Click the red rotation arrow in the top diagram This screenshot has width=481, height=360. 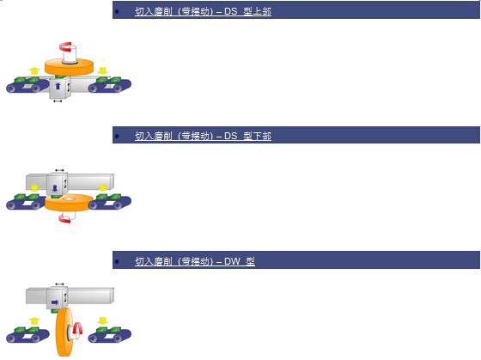(x=65, y=46)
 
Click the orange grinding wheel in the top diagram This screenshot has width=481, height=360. (x=69, y=67)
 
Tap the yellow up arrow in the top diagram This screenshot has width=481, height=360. (x=34, y=70)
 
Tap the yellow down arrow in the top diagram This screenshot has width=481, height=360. (x=102, y=70)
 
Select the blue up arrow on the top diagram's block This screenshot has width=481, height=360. (x=58, y=86)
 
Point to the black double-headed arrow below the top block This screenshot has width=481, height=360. (x=58, y=101)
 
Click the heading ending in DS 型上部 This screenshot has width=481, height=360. (x=203, y=11)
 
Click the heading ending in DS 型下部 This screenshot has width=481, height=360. (x=203, y=136)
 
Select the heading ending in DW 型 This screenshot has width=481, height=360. (x=195, y=261)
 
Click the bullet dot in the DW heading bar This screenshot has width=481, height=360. (x=117, y=261)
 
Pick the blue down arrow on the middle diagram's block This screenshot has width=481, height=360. (x=55, y=188)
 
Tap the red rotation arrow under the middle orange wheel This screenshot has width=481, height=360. (x=64, y=219)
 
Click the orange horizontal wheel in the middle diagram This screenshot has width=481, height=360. (x=69, y=203)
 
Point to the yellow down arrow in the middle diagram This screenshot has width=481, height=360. (x=102, y=187)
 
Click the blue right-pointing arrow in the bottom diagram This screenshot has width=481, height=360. (x=55, y=302)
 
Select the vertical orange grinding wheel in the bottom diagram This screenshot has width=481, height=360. (x=64, y=332)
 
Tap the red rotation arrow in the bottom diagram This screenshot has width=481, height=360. (x=78, y=328)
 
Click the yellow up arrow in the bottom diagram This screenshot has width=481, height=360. (x=34, y=321)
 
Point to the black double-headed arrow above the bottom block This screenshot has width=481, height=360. (x=59, y=284)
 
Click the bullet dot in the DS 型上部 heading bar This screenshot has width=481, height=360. (x=117, y=12)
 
